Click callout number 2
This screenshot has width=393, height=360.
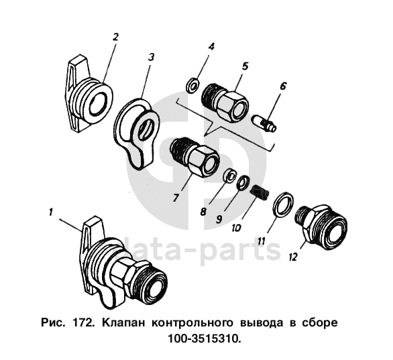115,37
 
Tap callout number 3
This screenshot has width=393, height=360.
151,58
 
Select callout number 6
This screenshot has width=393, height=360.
283,86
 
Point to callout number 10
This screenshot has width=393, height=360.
237,228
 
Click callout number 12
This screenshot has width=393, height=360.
293,257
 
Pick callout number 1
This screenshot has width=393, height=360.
51,213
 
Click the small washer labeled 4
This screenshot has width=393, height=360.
192,85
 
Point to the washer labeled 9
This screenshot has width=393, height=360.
243,182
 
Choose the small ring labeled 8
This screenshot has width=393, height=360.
229,176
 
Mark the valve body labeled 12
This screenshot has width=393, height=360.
321,228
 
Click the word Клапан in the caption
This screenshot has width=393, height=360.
123,323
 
